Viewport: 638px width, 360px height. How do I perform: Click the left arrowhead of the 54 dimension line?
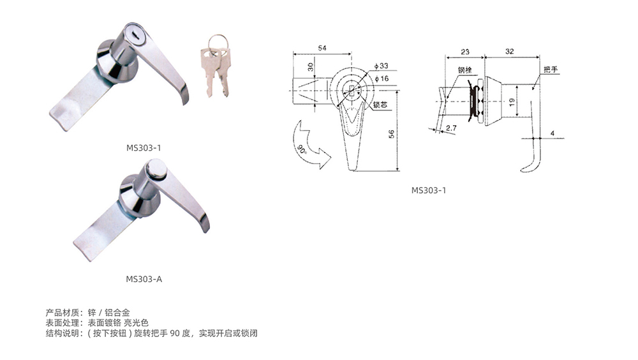tap(293, 54)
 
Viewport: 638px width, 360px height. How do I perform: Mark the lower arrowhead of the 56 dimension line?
tap(397, 170)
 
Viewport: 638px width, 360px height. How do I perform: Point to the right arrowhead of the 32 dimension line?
tap(538, 57)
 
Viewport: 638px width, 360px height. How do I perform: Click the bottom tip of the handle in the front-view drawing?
tap(352, 170)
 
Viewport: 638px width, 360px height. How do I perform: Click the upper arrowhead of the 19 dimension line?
tap(517, 86)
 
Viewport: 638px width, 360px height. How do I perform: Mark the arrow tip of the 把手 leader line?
tap(533, 89)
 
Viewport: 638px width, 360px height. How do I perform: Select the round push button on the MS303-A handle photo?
tap(156, 169)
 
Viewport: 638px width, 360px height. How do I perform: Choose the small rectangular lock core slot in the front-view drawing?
tap(352, 90)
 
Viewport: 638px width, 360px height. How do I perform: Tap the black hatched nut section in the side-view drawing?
tap(473, 100)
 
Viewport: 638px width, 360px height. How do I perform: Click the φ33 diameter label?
tap(382, 66)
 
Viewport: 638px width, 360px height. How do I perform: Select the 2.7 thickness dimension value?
tap(451, 128)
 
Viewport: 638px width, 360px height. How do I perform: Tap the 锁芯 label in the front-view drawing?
tap(380, 105)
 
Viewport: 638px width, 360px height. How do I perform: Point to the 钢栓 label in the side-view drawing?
tap(464, 70)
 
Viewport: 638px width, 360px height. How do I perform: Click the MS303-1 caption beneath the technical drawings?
tap(429, 190)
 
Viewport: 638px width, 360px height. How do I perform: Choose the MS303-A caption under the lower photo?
tap(144, 279)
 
